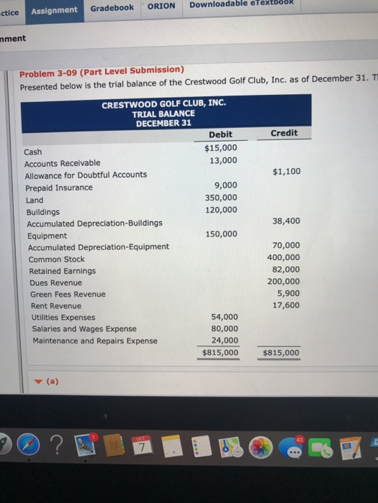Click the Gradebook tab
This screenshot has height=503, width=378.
click(112, 8)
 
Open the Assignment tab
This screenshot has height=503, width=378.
click(55, 9)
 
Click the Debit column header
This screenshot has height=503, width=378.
click(220, 134)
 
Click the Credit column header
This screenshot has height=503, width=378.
click(284, 133)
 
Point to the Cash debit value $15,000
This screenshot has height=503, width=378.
click(220, 147)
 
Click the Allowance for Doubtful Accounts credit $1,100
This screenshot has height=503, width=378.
click(287, 171)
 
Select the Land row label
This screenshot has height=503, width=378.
click(35, 200)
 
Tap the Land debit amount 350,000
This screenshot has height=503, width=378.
click(220, 197)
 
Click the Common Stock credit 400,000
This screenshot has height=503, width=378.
click(284, 257)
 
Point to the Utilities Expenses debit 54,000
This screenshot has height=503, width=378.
click(224, 316)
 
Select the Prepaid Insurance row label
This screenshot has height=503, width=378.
click(59, 188)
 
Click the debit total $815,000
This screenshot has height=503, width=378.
click(220, 353)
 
